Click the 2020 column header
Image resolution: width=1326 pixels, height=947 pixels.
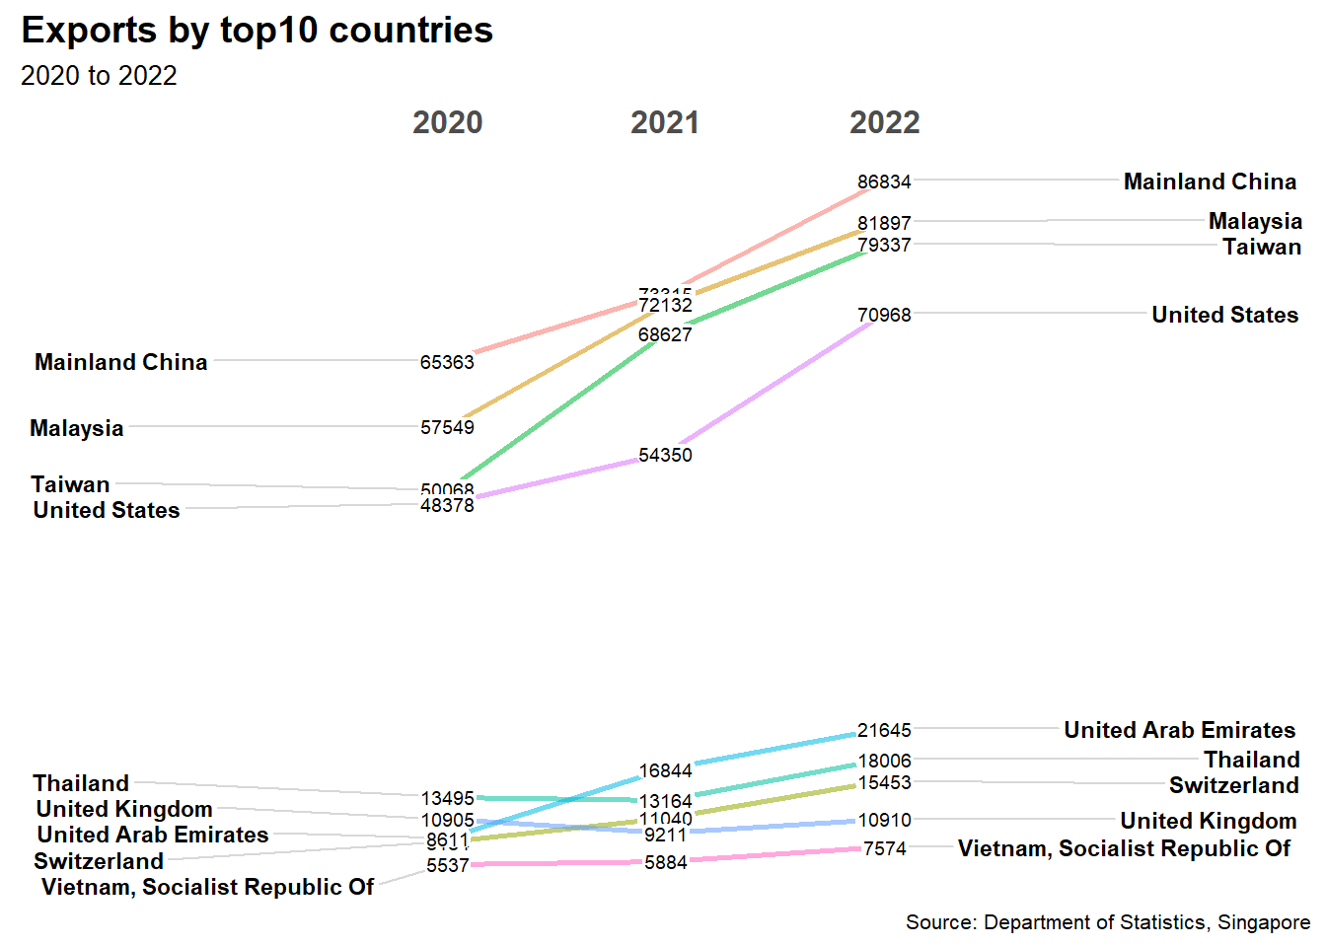click(x=447, y=122)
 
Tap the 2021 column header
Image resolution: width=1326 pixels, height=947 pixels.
click(x=665, y=122)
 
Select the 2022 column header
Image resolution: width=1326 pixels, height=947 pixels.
click(x=884, y=122)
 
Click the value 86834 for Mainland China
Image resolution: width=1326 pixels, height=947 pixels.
click(x=884, y=182)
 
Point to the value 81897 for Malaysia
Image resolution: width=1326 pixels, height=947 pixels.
click(x=884, y=223)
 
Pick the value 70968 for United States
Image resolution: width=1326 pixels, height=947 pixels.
click(x=884, y=315)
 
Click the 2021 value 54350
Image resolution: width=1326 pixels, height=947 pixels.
click(x=665, y=455)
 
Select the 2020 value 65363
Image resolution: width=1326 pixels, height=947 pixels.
click(x=447, y=362)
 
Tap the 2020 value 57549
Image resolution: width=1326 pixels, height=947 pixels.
click(x=447, y=427)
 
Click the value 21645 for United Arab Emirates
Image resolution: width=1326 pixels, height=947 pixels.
click(x=884, y=730)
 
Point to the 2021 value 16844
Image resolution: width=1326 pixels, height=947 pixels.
click(x=665, y=770)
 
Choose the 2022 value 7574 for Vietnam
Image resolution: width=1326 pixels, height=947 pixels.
click(x=884, y=848)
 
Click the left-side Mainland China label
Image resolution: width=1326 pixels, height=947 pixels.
click(x=121, y=362)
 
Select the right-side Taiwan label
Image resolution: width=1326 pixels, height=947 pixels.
click(x=1262, y=247)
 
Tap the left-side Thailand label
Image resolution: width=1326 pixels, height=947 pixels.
click(x=81, y=783)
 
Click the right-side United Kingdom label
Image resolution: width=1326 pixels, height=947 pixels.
click(x=1208, y=821)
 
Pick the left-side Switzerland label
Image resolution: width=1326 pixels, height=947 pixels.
click(x=99, y=861)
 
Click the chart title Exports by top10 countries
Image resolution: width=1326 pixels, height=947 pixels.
click(x=257, y=31)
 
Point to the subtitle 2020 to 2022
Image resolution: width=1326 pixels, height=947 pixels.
click(x=99, y=76)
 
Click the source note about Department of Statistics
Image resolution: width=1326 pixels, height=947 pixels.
click(x=1107, y=922)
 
